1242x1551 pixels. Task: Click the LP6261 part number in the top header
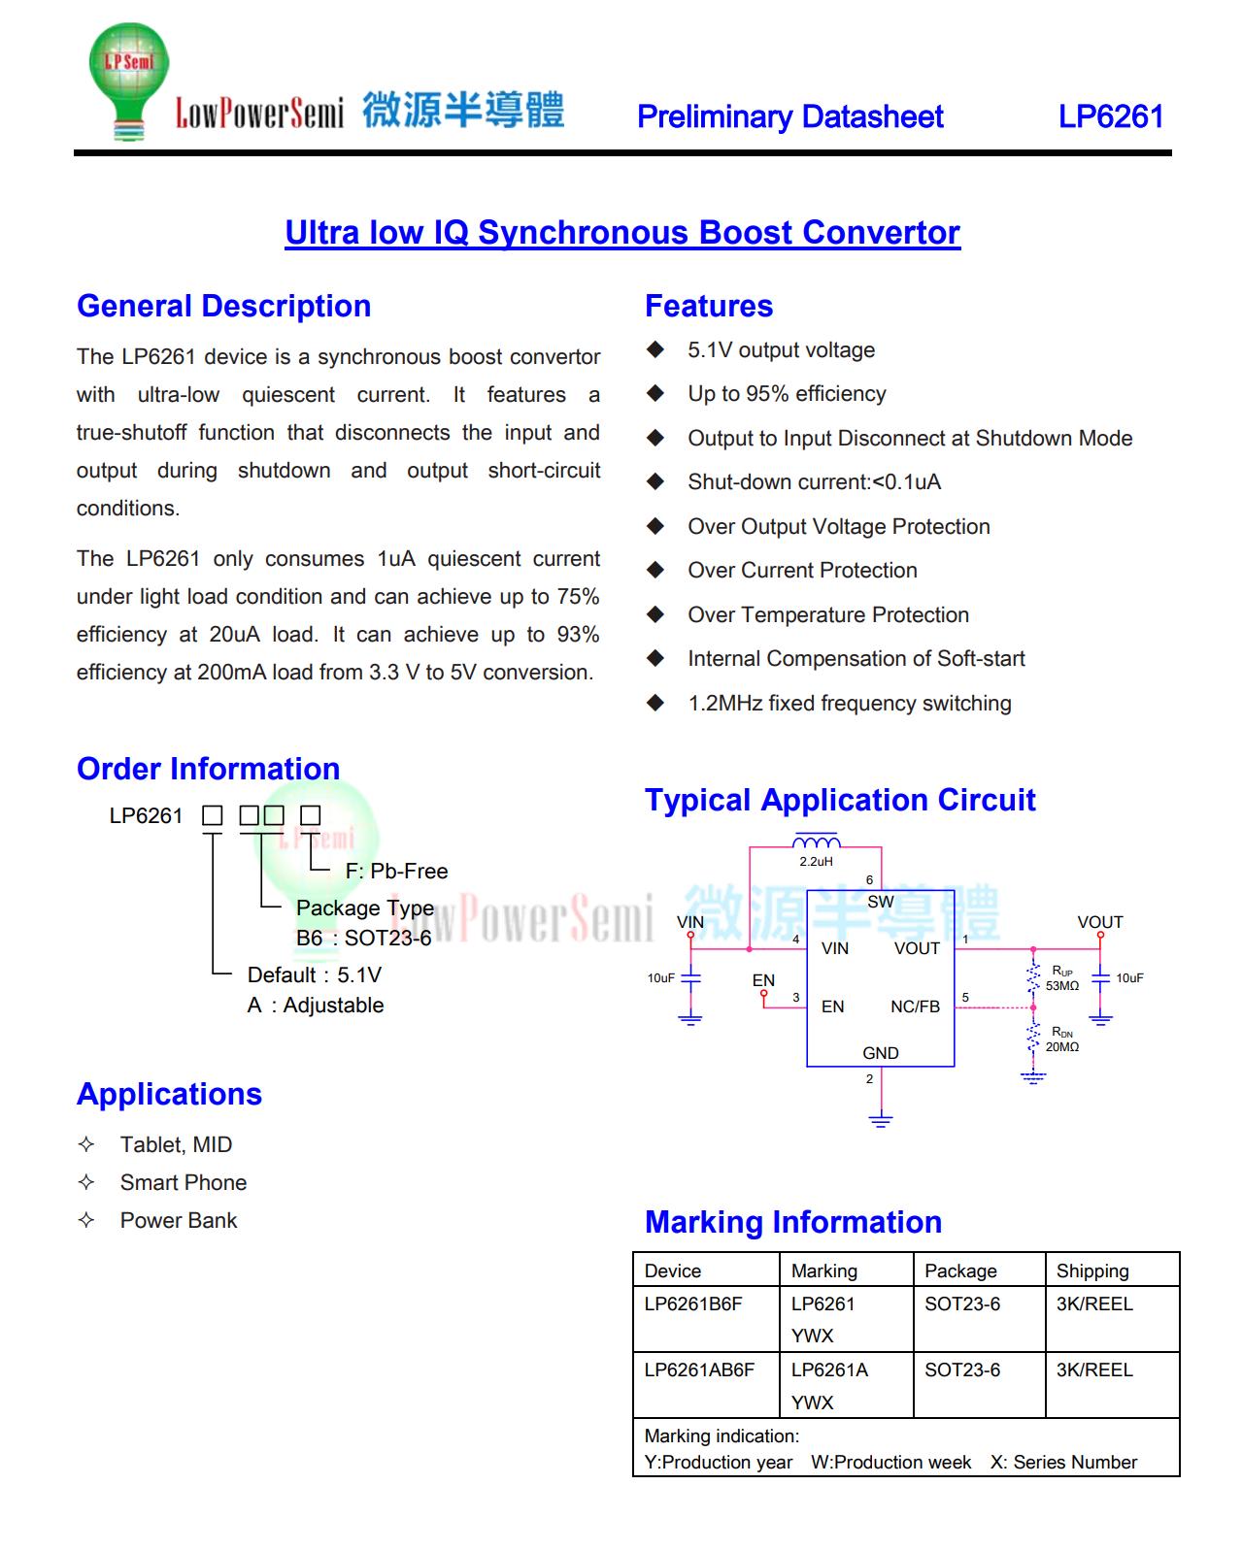point(1110,116)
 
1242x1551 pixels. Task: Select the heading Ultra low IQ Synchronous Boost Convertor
point(621,233)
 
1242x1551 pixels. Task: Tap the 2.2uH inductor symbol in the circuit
point(816,841)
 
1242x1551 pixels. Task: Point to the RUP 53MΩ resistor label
point(1061,978)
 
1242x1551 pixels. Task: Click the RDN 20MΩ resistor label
point(1061,1039)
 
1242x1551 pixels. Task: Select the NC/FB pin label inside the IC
point(915,1007)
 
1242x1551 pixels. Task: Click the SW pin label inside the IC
point(880,902)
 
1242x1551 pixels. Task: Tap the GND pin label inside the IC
point(880,1053)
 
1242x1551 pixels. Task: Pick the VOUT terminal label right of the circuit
point(1099,922)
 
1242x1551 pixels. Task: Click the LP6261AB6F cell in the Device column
point(699,1370)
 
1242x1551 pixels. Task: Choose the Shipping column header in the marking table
point(1092,1271)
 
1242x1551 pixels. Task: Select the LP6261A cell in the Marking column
point(829,1370)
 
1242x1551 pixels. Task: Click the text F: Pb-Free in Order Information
point(396,872)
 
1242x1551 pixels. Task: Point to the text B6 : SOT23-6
point(363,939)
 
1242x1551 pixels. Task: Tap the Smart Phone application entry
point(183,1183)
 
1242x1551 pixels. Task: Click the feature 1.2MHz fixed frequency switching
point(849,704)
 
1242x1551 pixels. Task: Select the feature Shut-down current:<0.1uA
point(814,482)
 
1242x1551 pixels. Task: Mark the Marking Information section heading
point(792,1222)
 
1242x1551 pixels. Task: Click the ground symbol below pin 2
point(880,1121)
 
